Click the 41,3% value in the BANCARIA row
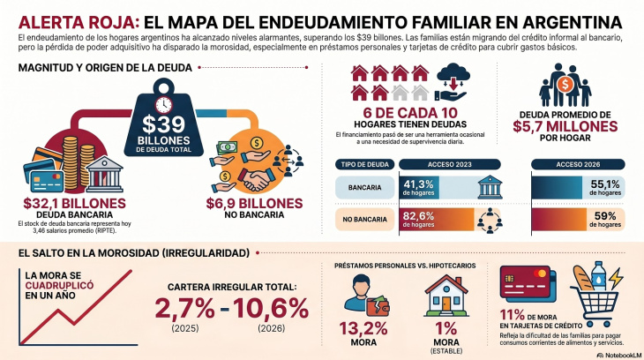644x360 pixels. (x=417, y=184)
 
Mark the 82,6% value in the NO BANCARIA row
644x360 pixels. (x=417, y=214)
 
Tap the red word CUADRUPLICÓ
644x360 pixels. (x=60, y=285)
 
